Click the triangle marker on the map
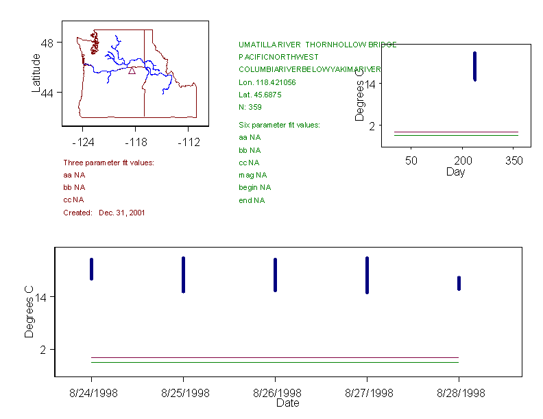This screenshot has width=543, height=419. pos(132,71)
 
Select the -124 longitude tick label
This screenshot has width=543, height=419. pos(83,143)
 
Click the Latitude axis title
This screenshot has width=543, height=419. pos(36,73)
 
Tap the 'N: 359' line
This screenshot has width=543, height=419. pos(250,107)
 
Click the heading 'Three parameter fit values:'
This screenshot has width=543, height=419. pos(108,163)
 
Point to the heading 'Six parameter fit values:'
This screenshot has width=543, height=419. pos(279,125)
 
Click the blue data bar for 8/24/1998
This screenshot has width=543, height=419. pos(91,269)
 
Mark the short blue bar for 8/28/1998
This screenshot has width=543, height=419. pos(459,283)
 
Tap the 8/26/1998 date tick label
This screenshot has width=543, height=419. pos(276,393)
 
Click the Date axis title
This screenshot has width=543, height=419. pos(287,403)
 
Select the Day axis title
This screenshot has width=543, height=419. pos(455,172)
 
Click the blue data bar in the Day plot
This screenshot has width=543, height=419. pos(474,67)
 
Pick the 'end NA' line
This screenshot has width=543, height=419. pos(251,200)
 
